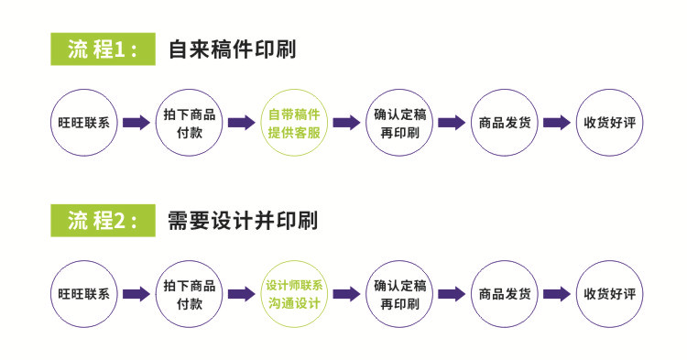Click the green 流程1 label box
(x=100, y=49)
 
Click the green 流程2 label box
(x=100, y=221)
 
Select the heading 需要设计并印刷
(x=243, y=221)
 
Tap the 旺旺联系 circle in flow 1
(x=83, y=123)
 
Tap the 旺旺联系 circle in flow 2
(x=83, y=294)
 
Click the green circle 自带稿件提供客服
(x=294, y=123)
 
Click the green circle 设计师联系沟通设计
(x=294, y=294)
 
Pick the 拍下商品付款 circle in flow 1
(x=189, y=123)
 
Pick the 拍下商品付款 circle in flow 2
(x=189, y=294)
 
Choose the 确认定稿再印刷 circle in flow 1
(x=399, y=123)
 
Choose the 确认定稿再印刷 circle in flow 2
(x=399, y=294)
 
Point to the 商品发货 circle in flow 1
(x=504, y=123)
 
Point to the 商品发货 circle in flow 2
(x=504, y=294)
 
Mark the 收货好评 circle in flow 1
(x=609, y=123)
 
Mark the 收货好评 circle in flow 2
(x=609, y=294)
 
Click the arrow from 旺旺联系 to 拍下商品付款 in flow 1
(x=136, y=123)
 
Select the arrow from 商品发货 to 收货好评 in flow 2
(x=557, y=294)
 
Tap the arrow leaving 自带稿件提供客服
(x=346, y=123)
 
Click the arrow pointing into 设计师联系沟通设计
(x=242, y=294)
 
